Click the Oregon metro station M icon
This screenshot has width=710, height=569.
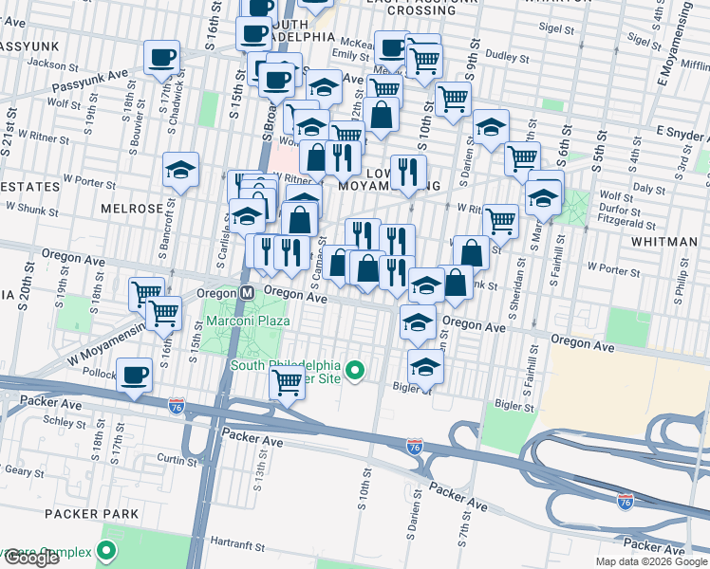pos(246,294)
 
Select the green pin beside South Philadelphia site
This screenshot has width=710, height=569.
pos(355,370)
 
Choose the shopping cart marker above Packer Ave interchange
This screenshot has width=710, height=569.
pos(286,382)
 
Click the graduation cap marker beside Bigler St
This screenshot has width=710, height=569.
pos(425,365)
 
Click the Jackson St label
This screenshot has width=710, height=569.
pos(52,64)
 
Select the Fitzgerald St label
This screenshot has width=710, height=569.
pos(625,226)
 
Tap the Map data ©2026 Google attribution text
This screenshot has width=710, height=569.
pos(652,561)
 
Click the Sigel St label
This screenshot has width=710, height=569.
pos(558,28)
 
